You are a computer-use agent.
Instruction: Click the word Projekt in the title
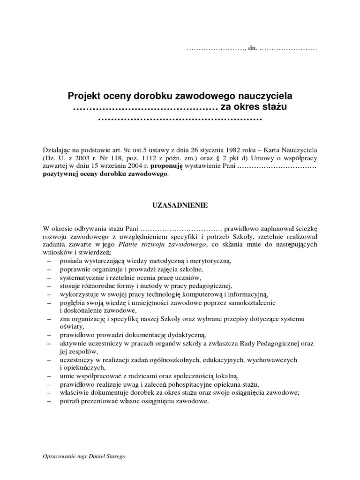pyautogui.click(x=85, y=96)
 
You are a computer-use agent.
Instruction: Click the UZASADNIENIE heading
pyautogui.click(x=180, y=205)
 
